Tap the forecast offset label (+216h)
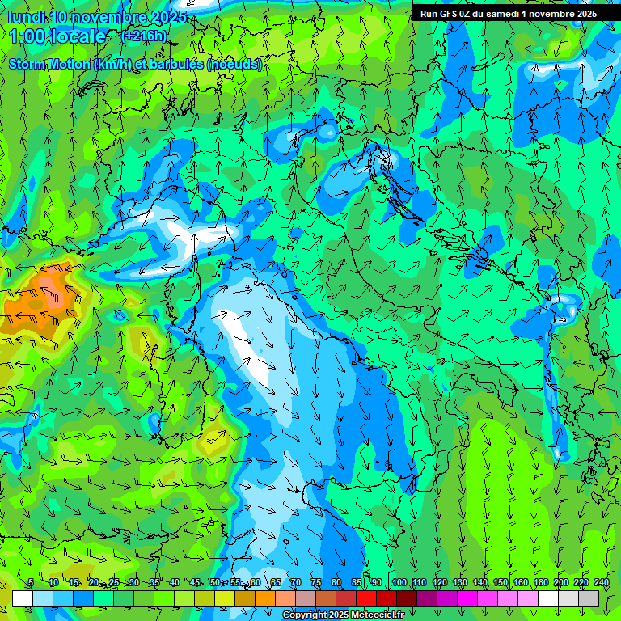(144, 36)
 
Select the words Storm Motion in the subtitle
(49, 64)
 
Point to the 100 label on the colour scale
(399, 583)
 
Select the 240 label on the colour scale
(601, 583)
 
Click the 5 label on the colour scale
(31, 583)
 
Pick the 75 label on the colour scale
(316, 583)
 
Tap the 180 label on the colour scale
(540, 583)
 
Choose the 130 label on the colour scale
(459, 583)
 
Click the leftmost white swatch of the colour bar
(23, 598)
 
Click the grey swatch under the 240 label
(589, 598)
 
